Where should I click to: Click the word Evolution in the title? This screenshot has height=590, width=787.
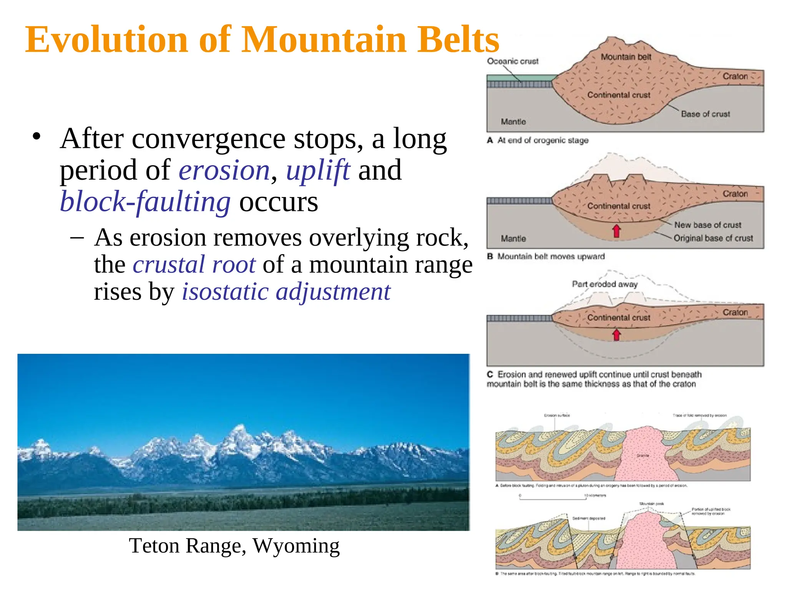[106, 40]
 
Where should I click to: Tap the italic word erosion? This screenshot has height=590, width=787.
[224, 171]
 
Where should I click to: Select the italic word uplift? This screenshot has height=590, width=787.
[318, 171]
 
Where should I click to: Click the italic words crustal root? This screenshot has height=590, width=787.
[194, 265]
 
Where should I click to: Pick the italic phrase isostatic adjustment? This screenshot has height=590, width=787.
[286, 292]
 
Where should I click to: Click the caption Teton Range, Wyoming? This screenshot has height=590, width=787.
[234, 546]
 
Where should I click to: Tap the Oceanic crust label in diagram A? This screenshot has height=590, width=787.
[513, 61]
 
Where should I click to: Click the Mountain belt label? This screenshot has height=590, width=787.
[626, 57]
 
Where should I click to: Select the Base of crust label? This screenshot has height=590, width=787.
[705, 114]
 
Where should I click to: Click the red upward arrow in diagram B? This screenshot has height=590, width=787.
[616, 231]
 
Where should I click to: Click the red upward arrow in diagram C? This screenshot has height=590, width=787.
[616, 335]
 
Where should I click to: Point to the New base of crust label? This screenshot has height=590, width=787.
[707, 225]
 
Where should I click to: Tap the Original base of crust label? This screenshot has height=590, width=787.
[713, 238]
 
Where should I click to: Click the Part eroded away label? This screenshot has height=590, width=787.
[604, 284]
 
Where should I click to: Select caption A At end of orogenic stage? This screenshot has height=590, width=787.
[538, 141]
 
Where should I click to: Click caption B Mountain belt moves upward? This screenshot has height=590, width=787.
[546, 257]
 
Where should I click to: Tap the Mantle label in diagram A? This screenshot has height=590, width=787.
[513, 122]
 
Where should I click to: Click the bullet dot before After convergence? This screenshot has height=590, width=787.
[37, 136]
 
